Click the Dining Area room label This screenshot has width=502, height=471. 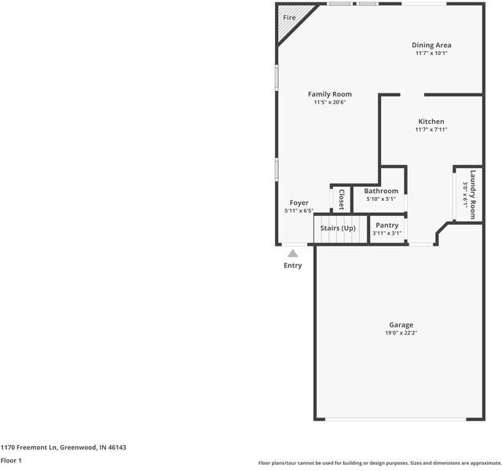coord(431,45)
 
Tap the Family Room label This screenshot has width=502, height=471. coord(329,94)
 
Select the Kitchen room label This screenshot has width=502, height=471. coord(431,122)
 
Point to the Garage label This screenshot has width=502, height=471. coord(401,325)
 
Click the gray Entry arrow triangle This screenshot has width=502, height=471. coord(292,253)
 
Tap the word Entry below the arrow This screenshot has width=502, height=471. coord(292,265)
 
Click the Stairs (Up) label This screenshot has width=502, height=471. coord(337,228)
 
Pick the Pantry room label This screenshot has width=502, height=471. coord(387,225)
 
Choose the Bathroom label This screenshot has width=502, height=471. coord(381,191)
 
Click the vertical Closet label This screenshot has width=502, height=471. coord(342,199)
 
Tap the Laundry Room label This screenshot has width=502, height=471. coord(473,194)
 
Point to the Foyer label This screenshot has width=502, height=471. coord(299,203)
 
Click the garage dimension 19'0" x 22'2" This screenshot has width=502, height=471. coord(401,334)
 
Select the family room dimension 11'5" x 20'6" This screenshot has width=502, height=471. coord(329,102)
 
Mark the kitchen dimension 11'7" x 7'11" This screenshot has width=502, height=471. coord(431,130)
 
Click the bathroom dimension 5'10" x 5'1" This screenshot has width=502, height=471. coord(381,199)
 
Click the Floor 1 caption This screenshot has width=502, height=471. coord(11,460)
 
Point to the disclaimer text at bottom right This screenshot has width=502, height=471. coord(379,463)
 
